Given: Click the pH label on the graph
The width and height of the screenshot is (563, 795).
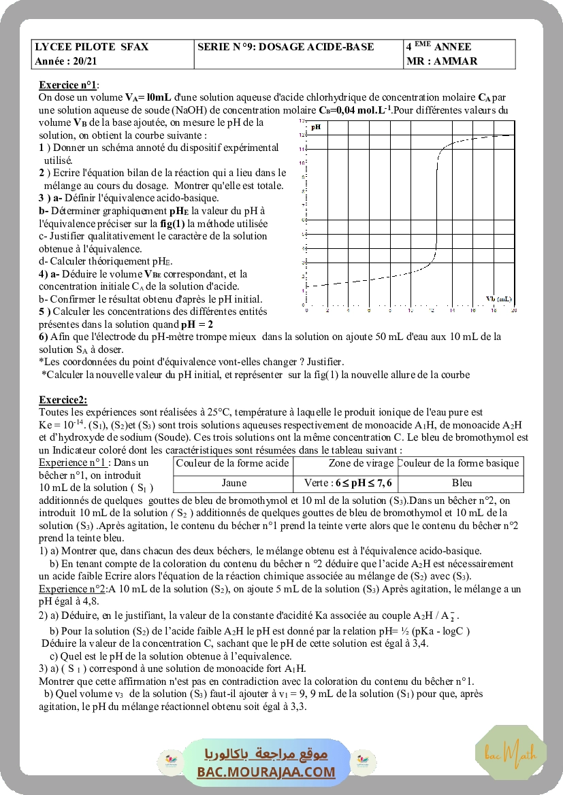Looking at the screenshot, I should click(316, 126).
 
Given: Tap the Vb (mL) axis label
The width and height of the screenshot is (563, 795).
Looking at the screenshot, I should click(499, 299).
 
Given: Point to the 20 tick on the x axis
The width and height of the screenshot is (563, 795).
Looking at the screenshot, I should click(513, 310).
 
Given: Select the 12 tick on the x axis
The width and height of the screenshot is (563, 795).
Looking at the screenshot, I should click(431, 310).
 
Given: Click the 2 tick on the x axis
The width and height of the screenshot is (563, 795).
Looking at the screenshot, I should click(327, 310).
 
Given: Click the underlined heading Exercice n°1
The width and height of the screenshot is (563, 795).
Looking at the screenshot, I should click(69, 85).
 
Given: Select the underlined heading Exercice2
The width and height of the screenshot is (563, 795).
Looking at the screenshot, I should click(63, 400).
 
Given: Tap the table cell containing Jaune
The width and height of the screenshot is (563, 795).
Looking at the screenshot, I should click(234, 484).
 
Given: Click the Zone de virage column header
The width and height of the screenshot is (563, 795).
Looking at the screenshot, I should click(351, 464).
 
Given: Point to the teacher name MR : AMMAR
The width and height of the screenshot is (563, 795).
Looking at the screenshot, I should click(441, 61).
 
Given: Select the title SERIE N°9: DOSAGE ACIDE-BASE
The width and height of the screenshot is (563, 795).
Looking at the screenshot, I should click(286, 47).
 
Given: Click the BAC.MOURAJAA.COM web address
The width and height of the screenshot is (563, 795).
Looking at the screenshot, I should click(266, 772).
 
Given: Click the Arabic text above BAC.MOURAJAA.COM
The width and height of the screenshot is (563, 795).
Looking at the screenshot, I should click(266, 754).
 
